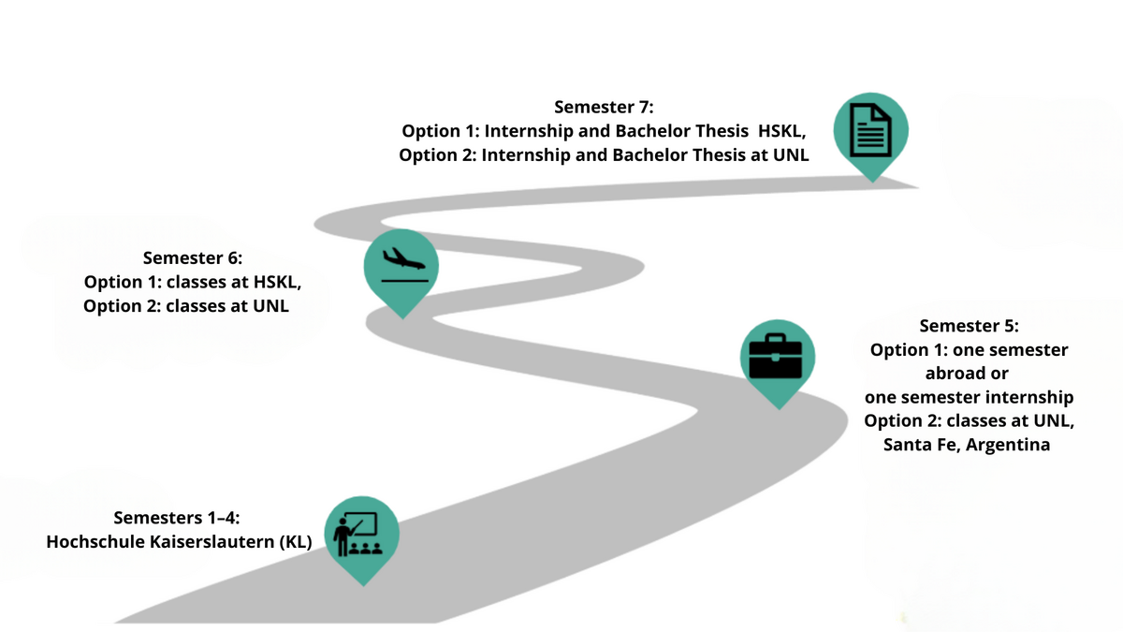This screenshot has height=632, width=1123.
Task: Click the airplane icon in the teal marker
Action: click(x=401, y=264)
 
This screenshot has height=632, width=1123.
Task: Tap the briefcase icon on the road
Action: click(x=778, y=357)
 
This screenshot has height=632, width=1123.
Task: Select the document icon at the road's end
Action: click(x=871, y=131)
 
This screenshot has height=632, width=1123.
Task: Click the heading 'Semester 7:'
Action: click(x=604, y=107)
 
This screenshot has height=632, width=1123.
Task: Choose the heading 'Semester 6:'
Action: click(x=193, y=257)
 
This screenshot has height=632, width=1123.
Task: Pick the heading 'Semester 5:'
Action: click(x=969, y=326)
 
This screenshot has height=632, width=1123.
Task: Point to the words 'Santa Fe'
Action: click(x=918, y=445)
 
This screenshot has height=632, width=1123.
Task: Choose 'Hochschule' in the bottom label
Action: click(x=94, y=541)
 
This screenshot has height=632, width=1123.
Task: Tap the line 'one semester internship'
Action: click(x=969, y=397)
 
